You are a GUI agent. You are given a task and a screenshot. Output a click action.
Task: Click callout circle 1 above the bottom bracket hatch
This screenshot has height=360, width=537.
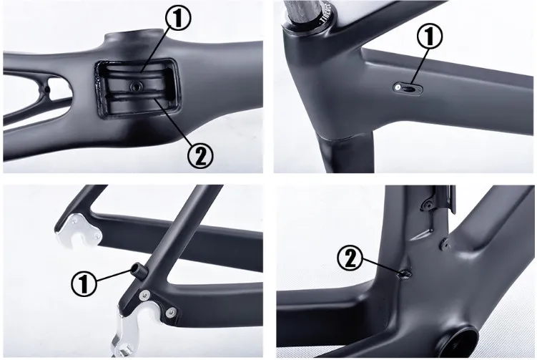click(178, 19)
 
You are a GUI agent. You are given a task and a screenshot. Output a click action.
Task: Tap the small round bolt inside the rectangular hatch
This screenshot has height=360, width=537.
click(134, 85)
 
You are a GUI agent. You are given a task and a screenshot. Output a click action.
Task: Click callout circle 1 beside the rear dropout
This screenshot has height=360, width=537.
click(84, 284)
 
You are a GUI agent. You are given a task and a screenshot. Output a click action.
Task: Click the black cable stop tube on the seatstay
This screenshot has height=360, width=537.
click(136, 270)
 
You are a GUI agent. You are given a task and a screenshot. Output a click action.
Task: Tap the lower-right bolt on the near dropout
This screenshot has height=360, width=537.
click(170, 311)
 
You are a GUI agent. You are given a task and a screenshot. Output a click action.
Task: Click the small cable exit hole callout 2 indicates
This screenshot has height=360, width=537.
click(404, 273)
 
